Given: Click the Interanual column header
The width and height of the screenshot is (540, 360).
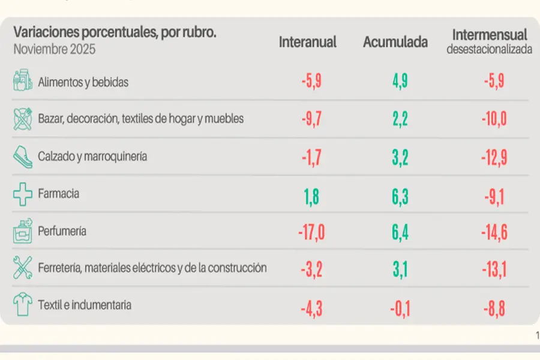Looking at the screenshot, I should point(307,42).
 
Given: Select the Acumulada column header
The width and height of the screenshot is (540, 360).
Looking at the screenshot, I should point(395,42).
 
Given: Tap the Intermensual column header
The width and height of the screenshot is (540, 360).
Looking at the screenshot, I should point(489,35).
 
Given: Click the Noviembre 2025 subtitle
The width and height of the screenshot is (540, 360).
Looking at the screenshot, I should point(54,49).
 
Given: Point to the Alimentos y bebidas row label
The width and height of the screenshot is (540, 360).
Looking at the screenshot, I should point(83,82).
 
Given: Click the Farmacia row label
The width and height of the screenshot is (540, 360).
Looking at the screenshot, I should point(58,194).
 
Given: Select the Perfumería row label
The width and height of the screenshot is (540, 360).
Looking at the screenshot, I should point(62,231).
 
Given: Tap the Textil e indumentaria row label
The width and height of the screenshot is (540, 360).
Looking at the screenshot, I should point(84,305).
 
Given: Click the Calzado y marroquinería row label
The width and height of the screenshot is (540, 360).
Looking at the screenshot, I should point(92,157).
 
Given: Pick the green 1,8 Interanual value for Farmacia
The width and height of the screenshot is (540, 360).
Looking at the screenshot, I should point(311,194).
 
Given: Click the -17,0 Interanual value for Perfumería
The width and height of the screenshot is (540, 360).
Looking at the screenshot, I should point(311,231).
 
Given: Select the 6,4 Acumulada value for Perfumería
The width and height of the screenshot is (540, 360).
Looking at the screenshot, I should point(400,231).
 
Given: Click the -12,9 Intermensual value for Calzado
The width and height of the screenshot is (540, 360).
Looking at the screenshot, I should point(494,157).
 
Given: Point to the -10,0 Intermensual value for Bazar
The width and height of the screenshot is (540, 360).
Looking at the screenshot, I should point(494,119).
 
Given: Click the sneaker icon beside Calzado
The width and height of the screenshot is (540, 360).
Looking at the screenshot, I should point(23,157).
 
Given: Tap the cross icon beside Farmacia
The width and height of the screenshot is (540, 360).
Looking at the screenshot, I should point(23,194).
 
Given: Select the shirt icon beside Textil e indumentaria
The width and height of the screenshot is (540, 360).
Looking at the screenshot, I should point(23,305).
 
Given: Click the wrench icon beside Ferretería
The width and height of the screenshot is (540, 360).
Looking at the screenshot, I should point(23,268).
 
